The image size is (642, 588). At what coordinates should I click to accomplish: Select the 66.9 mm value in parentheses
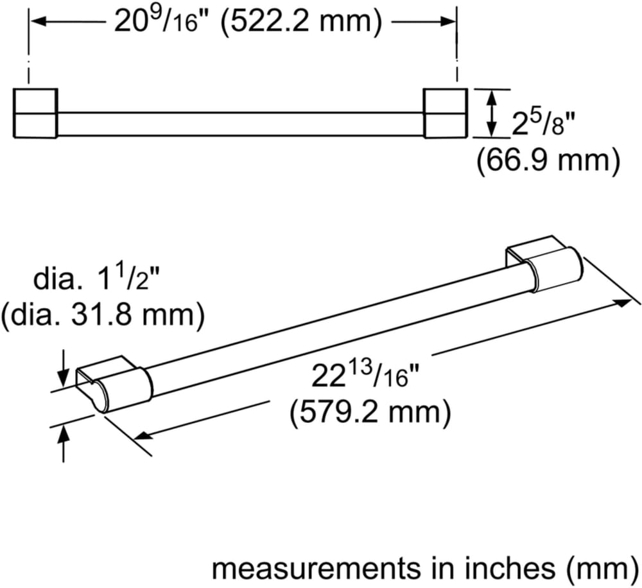coord(548,160)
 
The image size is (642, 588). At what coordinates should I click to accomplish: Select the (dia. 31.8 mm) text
coord(102,315)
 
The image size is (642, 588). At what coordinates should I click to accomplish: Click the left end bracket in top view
coord(35,113)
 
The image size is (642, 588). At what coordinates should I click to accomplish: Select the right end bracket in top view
coord(445,113)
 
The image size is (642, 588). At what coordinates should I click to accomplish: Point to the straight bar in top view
coord(241,124)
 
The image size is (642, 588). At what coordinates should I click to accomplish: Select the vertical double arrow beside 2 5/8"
coord(492,113)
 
